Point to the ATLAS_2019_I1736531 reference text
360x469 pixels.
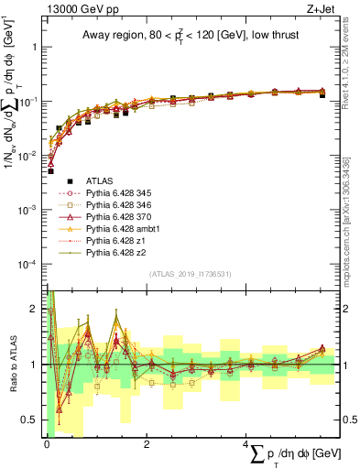(190, 275)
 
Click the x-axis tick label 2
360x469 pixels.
(147, 444)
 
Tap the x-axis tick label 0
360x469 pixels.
(47, 444)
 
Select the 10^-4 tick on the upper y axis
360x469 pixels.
(31, 264)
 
